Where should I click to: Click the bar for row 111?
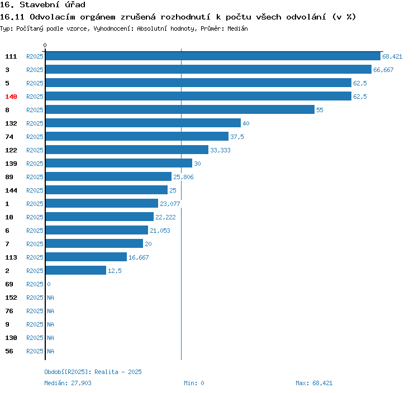click(213, 56)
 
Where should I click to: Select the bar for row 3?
click(208, 69)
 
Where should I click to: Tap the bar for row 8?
click(180, 109)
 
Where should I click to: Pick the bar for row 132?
click(143, 123)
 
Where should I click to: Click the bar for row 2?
click(76, 270)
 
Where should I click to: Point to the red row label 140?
click(11, 97)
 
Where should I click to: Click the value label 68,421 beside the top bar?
click(392, 56)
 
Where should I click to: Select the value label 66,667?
click(383, 70)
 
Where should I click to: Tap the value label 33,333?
click(220, 150)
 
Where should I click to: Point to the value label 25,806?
click(183, 177)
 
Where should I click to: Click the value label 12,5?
click(115, 271)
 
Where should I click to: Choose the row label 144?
click(11, 190)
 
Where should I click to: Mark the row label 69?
click(9, 284)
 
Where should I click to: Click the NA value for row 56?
click(50, 351)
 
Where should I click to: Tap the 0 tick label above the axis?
click(45, 45)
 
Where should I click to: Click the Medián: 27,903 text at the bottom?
click(68, 383)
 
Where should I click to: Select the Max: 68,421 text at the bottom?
click(314, 383)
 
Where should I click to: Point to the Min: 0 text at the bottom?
click(194, 383)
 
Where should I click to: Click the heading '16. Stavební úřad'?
click(42, 5)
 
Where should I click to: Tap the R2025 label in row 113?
click(35, 257)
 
